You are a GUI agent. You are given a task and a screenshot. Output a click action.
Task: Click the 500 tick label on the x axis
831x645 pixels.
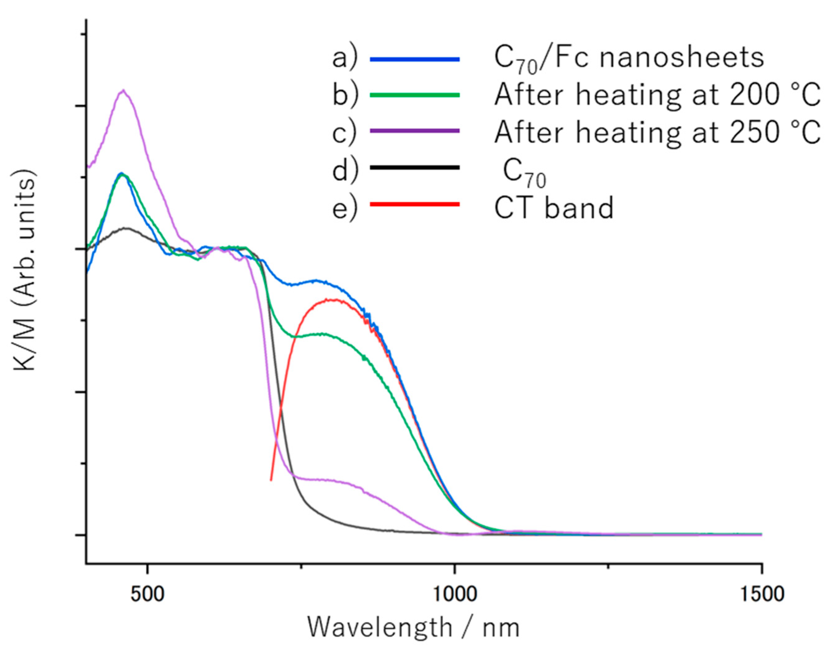pos(148,595)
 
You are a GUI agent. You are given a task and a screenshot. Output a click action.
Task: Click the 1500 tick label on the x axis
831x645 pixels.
pos(761,595)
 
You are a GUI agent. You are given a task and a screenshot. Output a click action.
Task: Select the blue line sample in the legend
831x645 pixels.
pos(415,59)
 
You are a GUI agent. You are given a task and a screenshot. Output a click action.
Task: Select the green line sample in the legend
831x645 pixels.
pos(415,95)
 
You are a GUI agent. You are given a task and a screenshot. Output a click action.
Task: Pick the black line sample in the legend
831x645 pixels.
pos(415,167)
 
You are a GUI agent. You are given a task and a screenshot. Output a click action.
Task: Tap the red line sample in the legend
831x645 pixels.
pos(415,204)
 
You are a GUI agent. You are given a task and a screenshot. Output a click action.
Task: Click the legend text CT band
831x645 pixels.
pos(554,207)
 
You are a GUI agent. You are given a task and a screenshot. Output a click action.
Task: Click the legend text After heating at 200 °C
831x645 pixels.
pos(656,95)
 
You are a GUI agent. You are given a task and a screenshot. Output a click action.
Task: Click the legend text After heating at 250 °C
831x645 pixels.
pos(656,132)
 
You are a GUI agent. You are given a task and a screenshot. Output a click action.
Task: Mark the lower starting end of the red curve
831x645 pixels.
pos(271,480)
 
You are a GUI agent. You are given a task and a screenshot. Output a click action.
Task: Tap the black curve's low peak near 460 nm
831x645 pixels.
pos(126,228)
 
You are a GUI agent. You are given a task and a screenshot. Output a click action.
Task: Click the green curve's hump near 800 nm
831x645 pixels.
pos(321,334)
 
